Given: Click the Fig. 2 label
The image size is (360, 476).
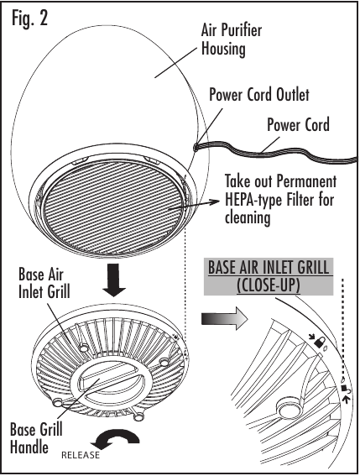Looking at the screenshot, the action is click(x=29, y=18).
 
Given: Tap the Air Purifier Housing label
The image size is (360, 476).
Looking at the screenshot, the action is click(x=232, y=39).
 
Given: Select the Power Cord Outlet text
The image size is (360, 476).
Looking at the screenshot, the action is click(x=259, y=95).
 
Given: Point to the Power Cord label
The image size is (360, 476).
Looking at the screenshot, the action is click(x=298, y=125).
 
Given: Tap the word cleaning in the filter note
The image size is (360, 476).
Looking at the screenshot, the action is click(x=248, y=218).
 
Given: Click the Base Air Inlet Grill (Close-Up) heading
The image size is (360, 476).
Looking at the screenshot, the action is click(x=269, y=276).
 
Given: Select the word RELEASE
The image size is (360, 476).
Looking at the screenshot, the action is click(x=81, y=455).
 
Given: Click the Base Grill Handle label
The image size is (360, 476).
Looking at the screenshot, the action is click(x=36, y=439).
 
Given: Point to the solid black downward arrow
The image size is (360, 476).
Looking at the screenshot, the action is click(x=114, y=280).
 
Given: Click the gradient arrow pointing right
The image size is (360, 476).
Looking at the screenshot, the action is click(x=225, y=319).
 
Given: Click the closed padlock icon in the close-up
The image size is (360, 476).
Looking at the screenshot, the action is click(x=319, y=343).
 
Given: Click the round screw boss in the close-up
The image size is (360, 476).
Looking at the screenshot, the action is click(x=288, y=408).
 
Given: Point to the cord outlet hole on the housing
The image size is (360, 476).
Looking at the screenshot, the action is click(x=196, y=148).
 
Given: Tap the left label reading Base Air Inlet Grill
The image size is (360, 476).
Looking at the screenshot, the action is click(x=44, y=283).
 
